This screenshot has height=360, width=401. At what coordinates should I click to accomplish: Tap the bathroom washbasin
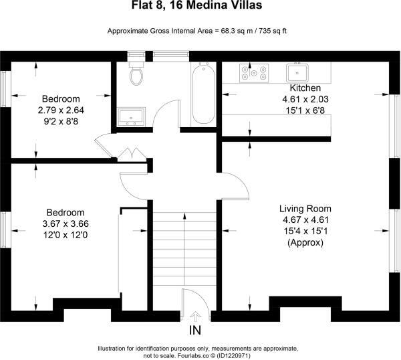[130, 117]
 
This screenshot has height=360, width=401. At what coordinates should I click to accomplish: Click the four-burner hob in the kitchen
[257, 72]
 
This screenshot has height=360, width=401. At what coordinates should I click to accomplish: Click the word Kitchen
[305, 88]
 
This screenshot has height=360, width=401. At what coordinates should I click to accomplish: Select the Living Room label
[305, 208]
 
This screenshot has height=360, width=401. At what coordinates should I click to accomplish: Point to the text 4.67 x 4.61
[305, 219]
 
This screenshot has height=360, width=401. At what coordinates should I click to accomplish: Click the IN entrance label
[195, 331]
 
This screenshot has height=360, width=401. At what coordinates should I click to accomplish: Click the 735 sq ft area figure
[271, 31]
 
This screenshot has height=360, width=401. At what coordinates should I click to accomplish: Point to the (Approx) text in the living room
[305, 243]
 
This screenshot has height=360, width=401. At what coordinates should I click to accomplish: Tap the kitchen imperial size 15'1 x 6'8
[305, 110]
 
